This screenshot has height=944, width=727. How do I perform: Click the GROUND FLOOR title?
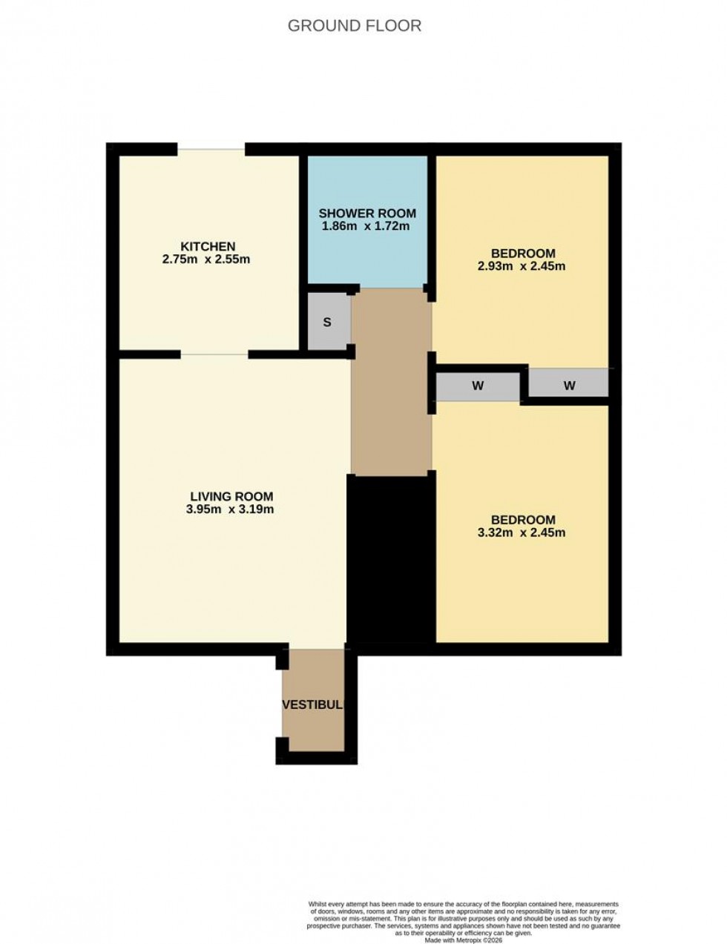pyautogui.click(x=354, y=26)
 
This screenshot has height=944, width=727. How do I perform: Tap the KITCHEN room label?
pyautogui.click(x=208, y=247)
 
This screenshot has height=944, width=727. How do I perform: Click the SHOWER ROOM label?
pyautogui.click(x=367, y=214)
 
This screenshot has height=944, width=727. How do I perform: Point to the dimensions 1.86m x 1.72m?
pyautogui.click(x=365, y=226)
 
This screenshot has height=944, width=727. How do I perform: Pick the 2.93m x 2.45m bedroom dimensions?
pyautogui.click(x=522, y=266)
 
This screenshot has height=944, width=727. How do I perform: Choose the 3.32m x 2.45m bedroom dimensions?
pyautogui.click(x=522, y=532)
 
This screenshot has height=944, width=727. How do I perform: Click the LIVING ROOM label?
pyautogui.click(x=231, y=497)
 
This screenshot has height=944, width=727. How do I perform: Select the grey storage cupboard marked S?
pyautogui.click(x=327, y=323)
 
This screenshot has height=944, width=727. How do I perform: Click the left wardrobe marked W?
pyautogui.click(x=478, y=386)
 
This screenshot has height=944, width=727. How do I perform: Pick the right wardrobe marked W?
pyautogui.click(x=570, y=385)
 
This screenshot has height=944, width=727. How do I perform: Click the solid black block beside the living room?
pyautogui.click(x=390, y=564)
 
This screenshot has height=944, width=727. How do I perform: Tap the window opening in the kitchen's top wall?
pyautogui.click(x=211, y=150)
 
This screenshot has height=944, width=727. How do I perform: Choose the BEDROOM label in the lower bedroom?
pyautogui.click(x=522, y=520)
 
